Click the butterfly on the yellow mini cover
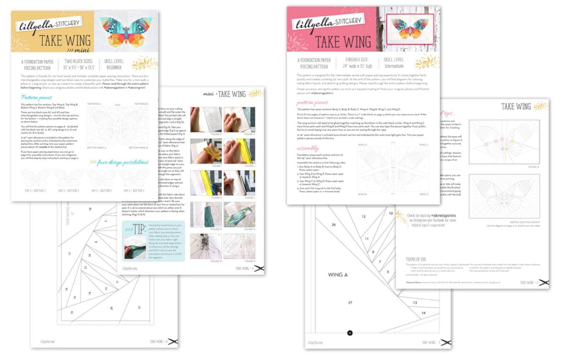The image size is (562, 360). pos(126,32)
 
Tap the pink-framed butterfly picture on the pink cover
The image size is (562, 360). pos(410,28)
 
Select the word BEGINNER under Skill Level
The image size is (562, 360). pos(114,68)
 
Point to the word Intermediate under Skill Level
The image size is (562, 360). pos(394,66)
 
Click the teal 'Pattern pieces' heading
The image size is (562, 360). pos(36,97)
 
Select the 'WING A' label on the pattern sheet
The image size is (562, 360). pos(338,275)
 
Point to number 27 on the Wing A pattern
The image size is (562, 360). pos(350,303)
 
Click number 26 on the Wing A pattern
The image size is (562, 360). pos(333,225)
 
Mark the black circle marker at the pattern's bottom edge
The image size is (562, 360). pos(350,333)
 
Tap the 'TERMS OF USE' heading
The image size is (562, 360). pos(416,259)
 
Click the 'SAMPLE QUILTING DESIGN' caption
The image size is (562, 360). pos(524,222)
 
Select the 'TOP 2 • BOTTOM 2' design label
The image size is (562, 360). pos(134,191)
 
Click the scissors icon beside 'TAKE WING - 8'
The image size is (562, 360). pos(173,342)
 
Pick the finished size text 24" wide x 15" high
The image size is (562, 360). pos(357,66)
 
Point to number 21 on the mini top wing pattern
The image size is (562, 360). pos(139,307)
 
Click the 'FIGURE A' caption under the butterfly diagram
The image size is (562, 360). pos(533,167)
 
